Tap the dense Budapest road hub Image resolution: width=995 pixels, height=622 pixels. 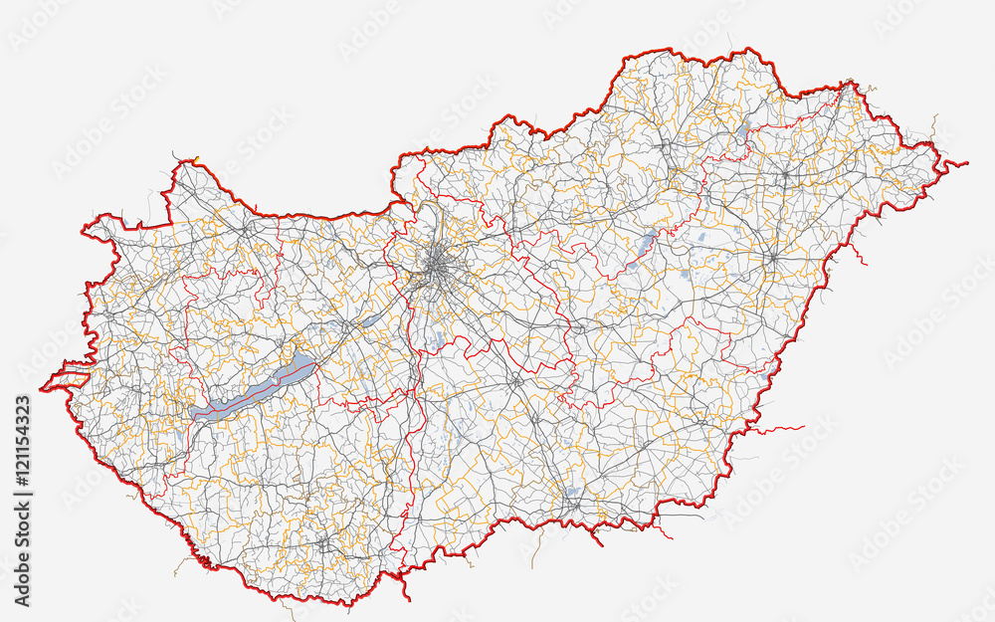point(438,266)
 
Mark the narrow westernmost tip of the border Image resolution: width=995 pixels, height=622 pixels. point(43,388)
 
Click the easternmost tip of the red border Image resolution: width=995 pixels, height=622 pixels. point(965,162)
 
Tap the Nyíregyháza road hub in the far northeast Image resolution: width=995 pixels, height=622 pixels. point(785,175)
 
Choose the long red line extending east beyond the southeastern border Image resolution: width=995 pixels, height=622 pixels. point(776,430)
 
